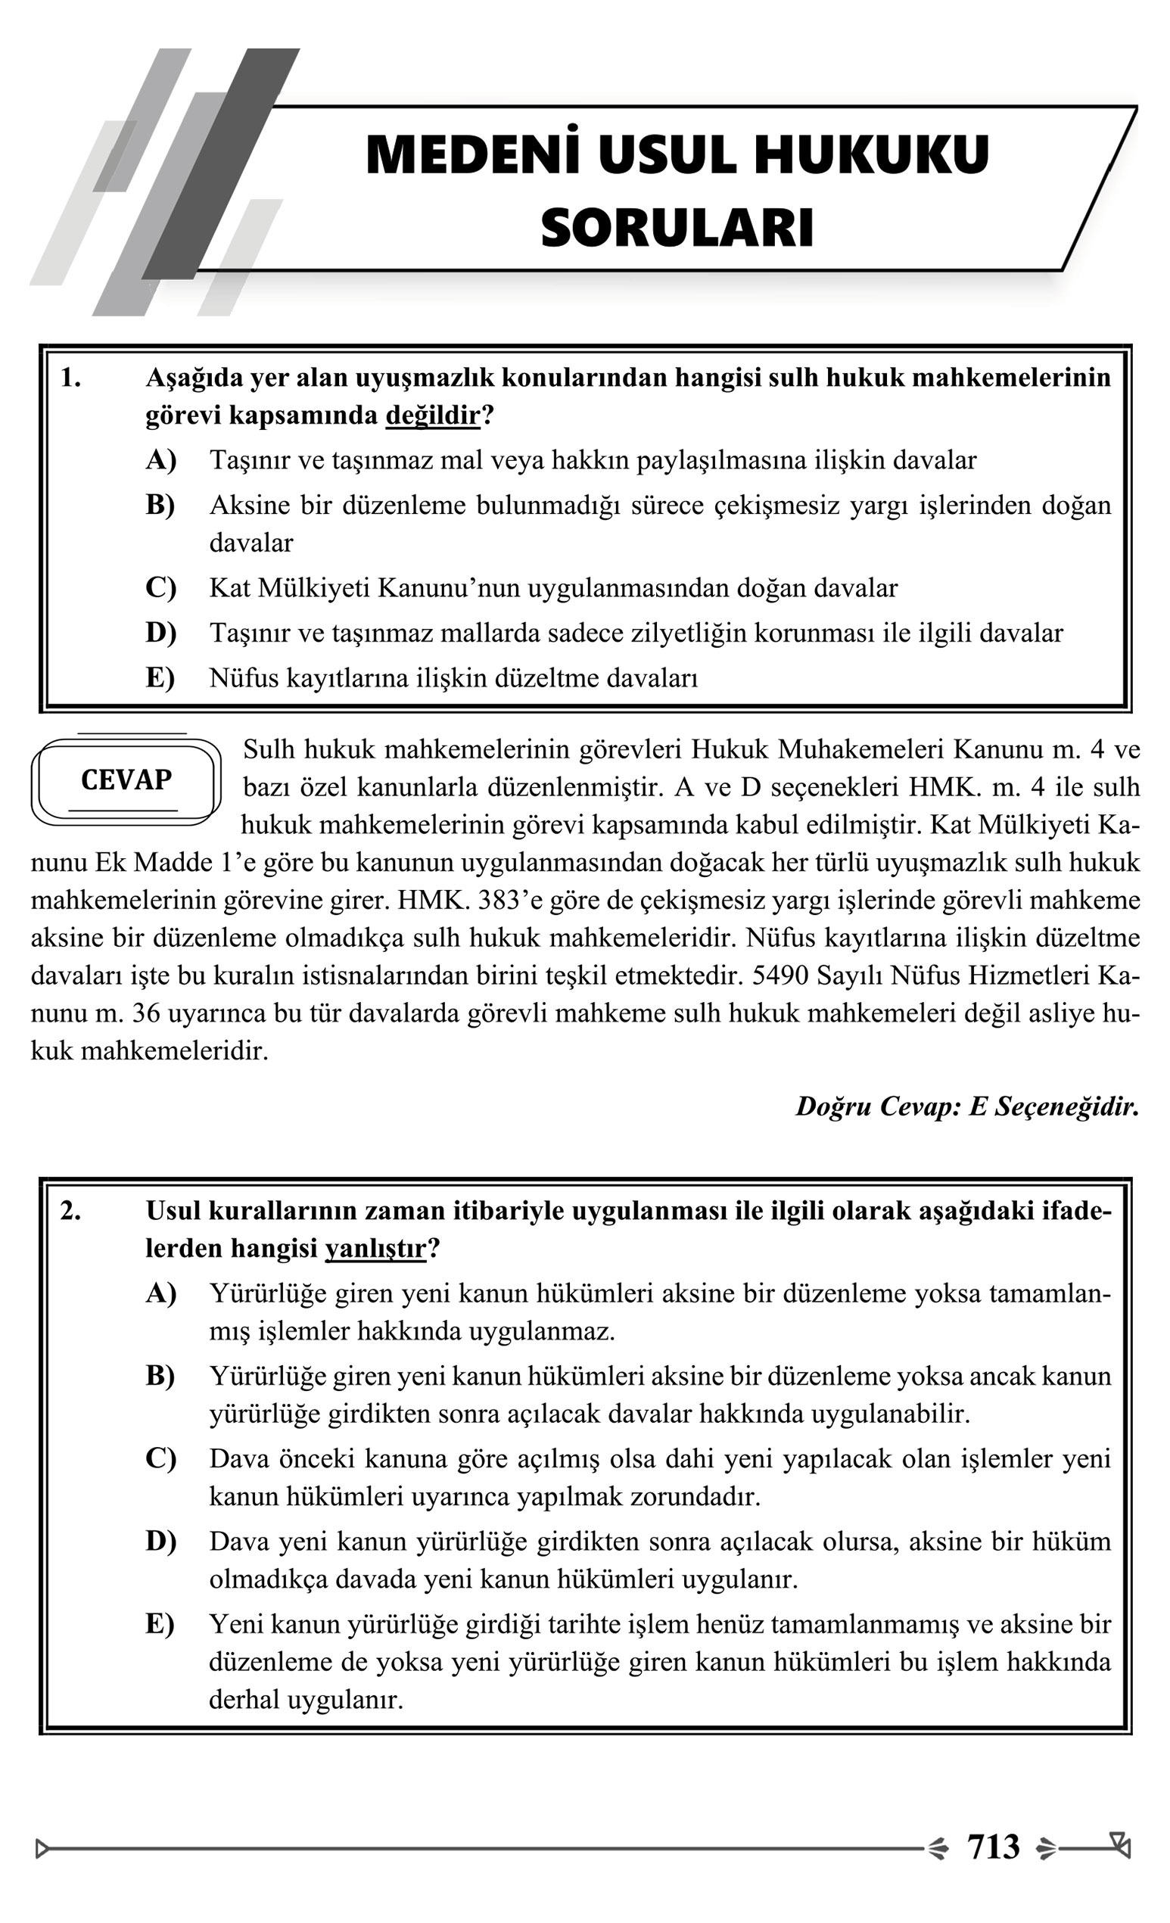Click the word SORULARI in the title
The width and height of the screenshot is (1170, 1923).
tap(677, 229)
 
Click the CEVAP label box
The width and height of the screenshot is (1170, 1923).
tap(126, 779)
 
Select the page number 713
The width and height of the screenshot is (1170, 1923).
tap(993, 1847)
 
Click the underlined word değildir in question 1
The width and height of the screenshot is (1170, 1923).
tap(432, 416)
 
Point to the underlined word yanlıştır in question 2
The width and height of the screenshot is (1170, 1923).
tap(375, 1249)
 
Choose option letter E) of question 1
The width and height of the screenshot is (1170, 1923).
tap(160, 677)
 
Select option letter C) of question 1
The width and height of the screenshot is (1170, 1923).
tap(160, 588)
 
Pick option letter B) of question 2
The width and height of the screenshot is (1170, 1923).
tap(160, 1376)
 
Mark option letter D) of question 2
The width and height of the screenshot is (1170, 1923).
tap(160, 1542)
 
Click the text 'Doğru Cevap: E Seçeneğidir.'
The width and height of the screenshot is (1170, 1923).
tap(967, 1106)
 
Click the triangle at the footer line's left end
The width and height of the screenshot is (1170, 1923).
tap(42, 1848)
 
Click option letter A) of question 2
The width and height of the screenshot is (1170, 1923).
tap(160, 1293)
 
